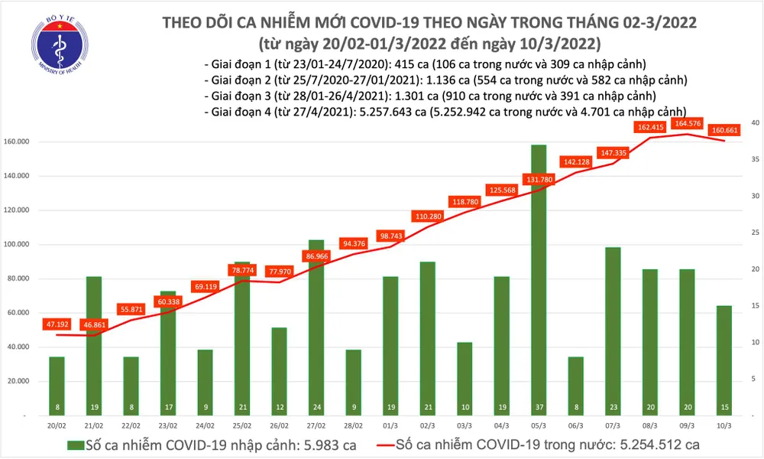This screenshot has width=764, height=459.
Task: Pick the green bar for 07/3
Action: coord(613,329)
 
